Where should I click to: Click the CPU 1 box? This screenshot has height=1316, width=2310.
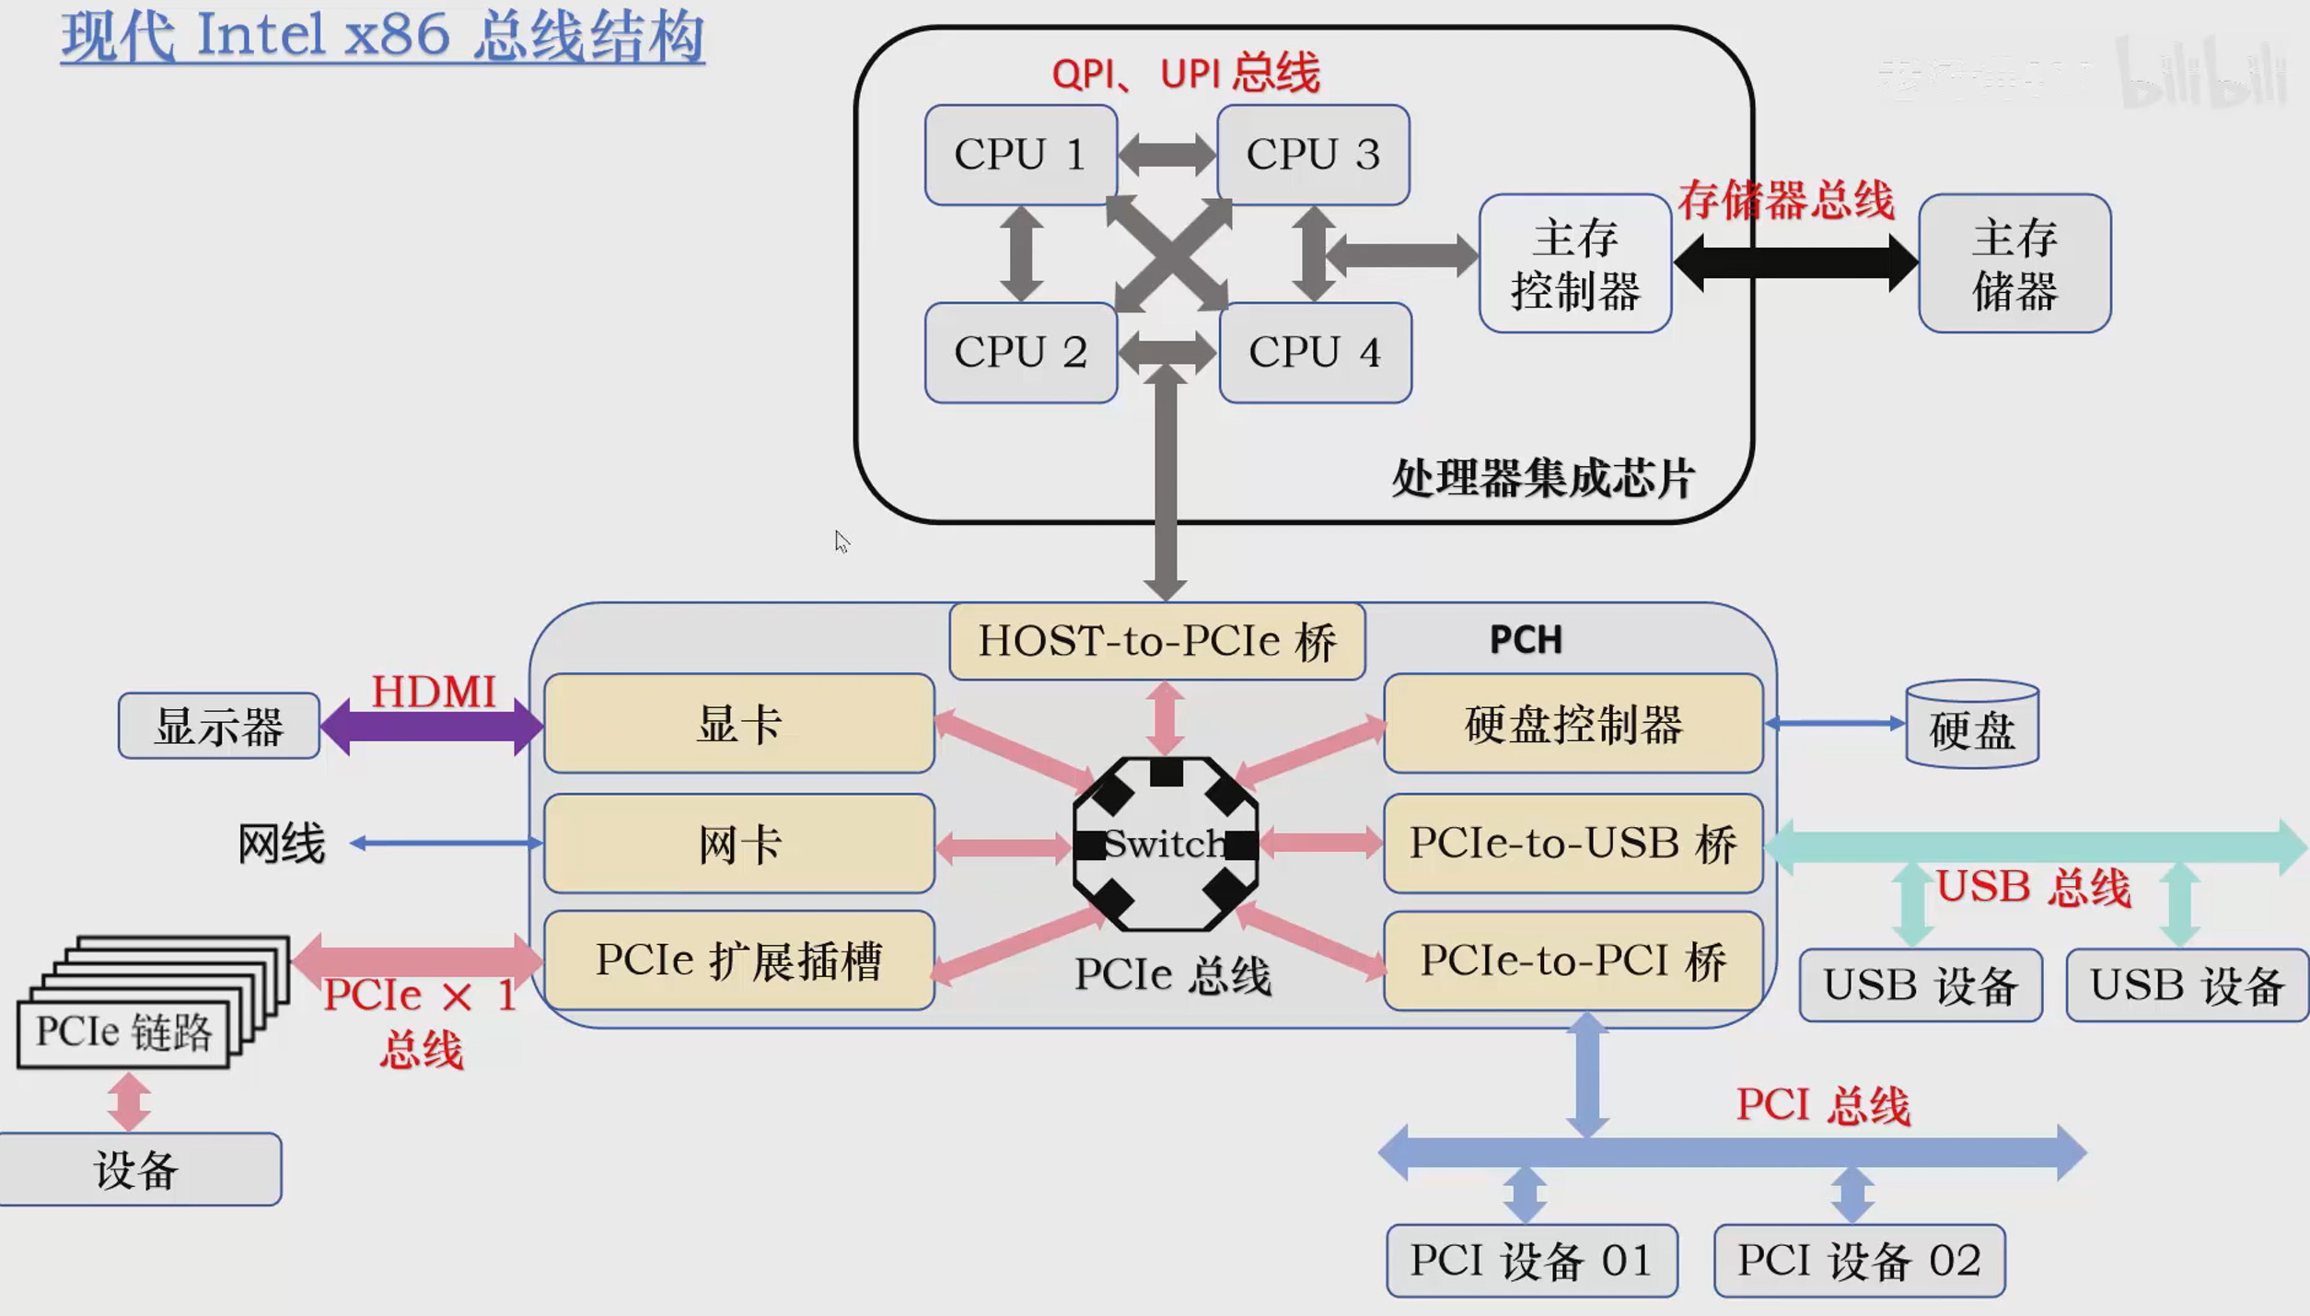[x=1020, y=155]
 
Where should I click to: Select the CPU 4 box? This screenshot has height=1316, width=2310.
[x=1315, y=353]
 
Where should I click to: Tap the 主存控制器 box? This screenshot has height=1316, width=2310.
[x=1574, y=263]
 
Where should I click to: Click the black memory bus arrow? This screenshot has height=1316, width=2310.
[x=1795, y=262]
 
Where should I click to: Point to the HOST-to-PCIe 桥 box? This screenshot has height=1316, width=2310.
[x=1156, y=641]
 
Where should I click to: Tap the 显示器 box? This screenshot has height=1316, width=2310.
[x=219, y=727]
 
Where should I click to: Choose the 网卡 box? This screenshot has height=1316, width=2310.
[x=738, y=844]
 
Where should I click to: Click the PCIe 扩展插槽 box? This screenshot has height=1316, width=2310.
[x=738, y=961]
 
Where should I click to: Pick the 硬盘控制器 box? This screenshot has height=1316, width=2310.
[x=1573, y=725]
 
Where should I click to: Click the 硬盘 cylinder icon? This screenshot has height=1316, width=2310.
[x=1971, y=727]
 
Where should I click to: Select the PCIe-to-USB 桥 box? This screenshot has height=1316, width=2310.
[x=1573, y=844]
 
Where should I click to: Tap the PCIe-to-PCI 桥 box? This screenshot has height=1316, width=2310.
[x=1573, y=961]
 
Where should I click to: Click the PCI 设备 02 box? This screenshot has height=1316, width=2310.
[x=1859, y=1261]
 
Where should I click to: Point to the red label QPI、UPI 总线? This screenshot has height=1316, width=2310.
[x=1186, y=73]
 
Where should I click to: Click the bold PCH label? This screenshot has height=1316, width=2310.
[x=1526, y=640]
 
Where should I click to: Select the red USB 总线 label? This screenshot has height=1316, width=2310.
[x=2033, y=888]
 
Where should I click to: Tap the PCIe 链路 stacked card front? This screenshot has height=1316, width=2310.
[x=123, y=1033]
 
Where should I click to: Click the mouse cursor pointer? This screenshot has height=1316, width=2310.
[x=842, y=542]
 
